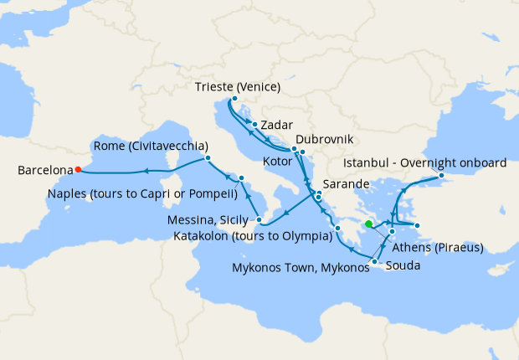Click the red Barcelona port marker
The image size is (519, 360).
pos(78,169)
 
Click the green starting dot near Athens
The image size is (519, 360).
pos(369,224)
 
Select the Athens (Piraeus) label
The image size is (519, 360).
pos(441,247)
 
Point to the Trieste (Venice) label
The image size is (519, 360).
pos(237,87)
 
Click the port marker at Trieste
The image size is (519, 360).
pos(234,100)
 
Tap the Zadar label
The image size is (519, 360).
pos(277,125)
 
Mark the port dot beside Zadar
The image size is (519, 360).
pos(254,125)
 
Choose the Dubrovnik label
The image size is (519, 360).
pos(324,138)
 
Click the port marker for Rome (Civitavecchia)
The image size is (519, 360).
pos(207,158)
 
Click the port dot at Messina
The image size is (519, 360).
pos(260,221)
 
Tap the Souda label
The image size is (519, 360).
pos(403,265)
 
